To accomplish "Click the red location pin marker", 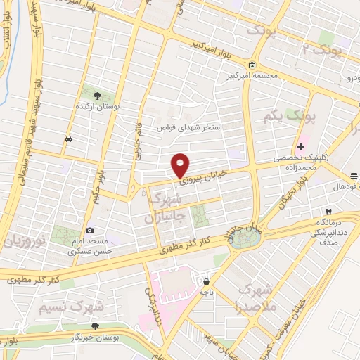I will coord(181,165).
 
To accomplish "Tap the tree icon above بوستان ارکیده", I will coord(96,94).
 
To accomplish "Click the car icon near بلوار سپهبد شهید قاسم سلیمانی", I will coord(67,139).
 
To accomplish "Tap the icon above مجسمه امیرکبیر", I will coord(251,65).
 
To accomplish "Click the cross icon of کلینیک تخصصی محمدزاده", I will coord(301,147).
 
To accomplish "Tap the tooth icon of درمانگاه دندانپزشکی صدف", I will coord(328,212).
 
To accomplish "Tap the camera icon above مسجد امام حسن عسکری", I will coord(90,230).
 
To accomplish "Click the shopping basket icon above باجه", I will coord(205,279).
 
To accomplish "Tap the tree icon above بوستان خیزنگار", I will coord(96,326).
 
